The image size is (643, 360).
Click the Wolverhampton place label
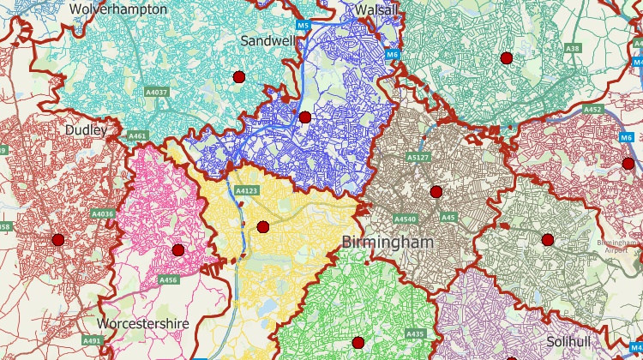(x=118, y=8)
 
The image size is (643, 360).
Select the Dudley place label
(x=87, y=130)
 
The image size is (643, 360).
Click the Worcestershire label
(x=142, y=324)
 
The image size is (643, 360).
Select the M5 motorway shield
(x=303, y=27)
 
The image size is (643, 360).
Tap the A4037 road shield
(x=157, y=92)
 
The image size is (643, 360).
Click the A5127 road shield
(x=418, y=158)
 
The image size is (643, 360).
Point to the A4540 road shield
(x=406, y=219)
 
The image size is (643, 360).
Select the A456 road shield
(x=168, y=279)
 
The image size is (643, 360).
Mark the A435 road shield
(x=415, y=333)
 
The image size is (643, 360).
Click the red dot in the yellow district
(x=263, y=227)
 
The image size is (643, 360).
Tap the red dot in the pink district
(x=177, y=250)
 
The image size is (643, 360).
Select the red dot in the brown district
(x=436, y=191)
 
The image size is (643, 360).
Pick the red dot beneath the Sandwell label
(x=239, y=77)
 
